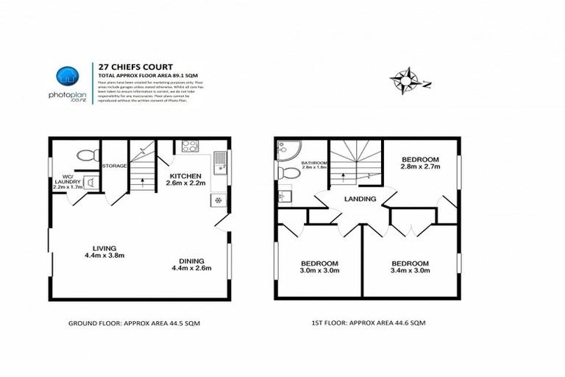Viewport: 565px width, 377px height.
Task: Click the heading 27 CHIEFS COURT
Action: coord(126,64)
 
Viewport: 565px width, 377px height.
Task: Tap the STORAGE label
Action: coord(114,166)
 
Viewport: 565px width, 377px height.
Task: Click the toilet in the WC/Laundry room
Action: coord(87,156)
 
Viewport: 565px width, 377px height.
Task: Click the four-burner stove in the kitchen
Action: coord(190,146)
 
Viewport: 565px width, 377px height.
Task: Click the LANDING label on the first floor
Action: coord(360,199)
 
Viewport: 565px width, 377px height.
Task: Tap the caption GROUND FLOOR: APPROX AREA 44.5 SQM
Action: coord(134,323)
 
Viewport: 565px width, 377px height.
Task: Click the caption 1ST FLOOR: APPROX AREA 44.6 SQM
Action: coord(368,323)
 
